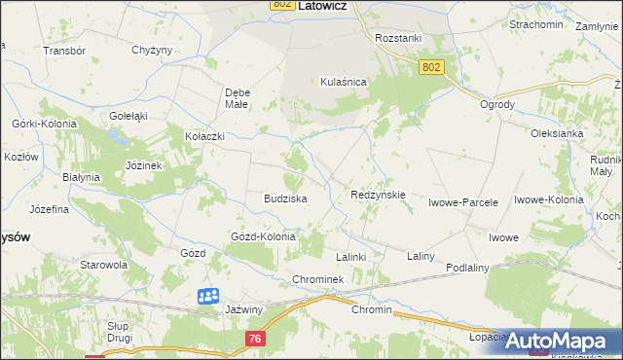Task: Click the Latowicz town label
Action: (323, 6)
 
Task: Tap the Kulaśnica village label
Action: (343, 83)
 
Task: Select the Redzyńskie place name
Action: (378, 195)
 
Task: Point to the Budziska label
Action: (285, 198)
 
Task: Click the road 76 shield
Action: (255, 338)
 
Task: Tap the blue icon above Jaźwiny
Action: (208, 296)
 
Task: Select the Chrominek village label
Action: (318, 280)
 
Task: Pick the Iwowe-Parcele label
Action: (463, 203)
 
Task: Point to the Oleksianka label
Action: (557, 134)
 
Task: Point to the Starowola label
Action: (104, 264)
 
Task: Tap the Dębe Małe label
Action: (238, 98)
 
